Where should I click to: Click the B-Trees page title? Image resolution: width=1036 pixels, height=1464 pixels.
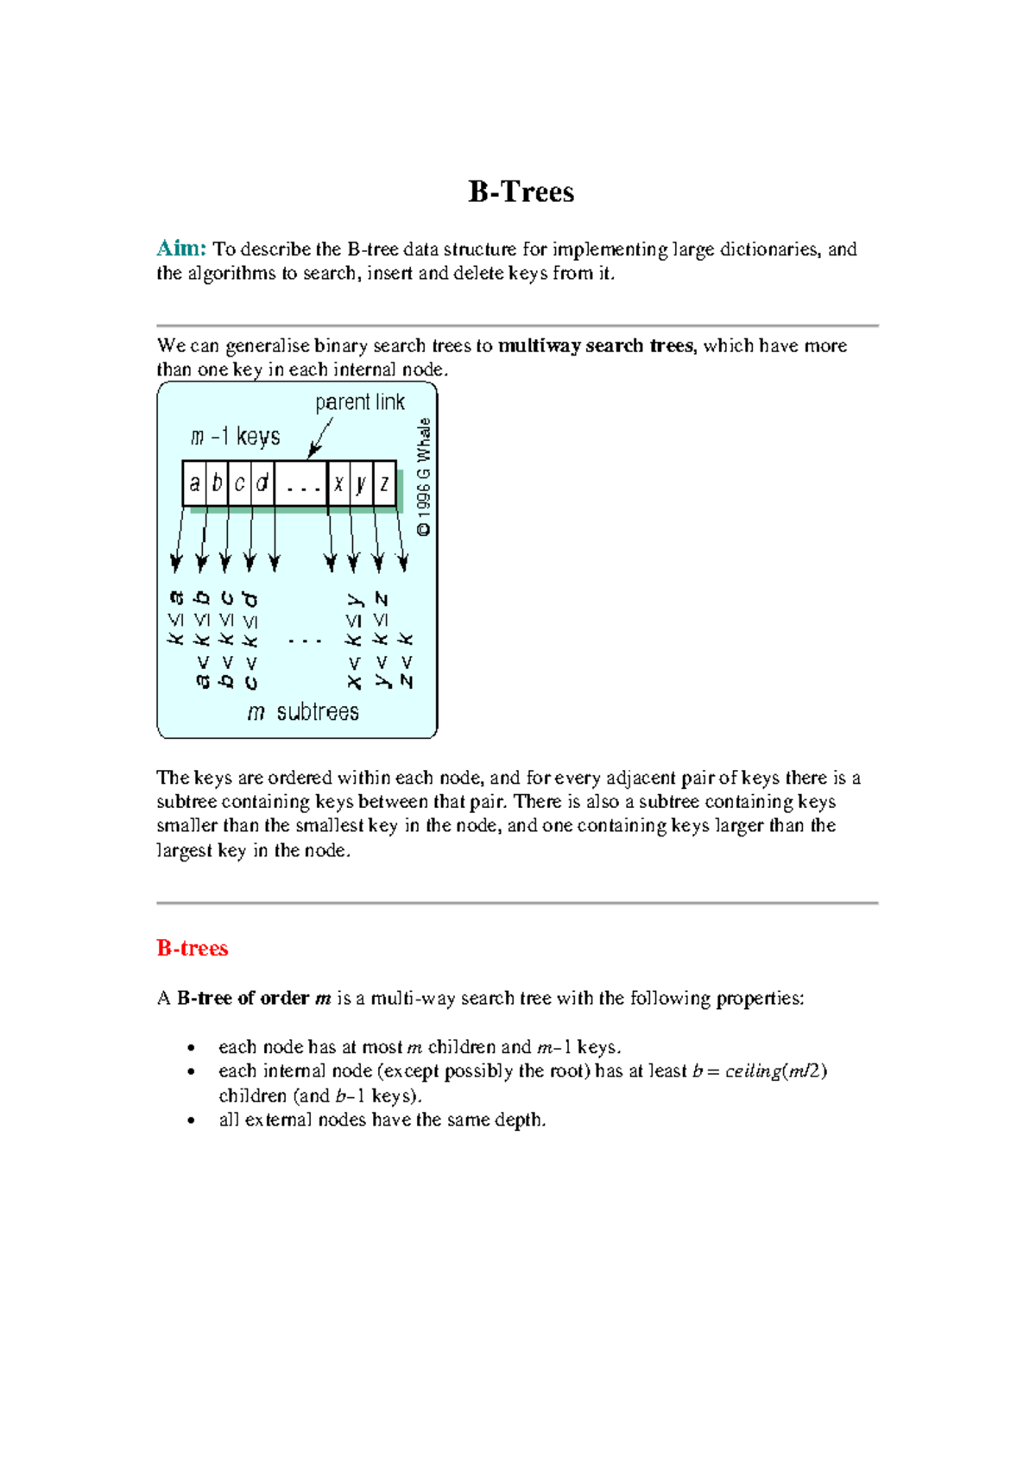[x=521, y=192]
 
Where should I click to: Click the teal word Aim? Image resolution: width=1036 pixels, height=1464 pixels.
[x=181, y=249]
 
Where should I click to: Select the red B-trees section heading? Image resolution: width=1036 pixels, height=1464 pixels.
[x=192, y=948]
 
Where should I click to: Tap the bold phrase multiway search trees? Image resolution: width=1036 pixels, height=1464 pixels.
[x=596, y=345]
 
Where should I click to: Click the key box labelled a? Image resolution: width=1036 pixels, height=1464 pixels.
[x=195, y=483]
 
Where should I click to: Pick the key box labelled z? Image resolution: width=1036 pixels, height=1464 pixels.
[x=385, y=483]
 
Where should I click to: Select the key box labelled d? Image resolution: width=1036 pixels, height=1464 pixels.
[x=262, y=483]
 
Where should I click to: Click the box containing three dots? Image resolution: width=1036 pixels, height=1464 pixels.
[x=302, y=483]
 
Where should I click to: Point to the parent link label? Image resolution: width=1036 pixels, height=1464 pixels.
[x=359, y=402]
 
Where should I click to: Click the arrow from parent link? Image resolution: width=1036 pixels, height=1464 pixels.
[x=320, y=438]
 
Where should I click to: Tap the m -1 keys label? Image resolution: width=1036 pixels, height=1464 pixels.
[x=235, y=437]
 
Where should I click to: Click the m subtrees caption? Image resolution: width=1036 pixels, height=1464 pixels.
[x=303, y=712]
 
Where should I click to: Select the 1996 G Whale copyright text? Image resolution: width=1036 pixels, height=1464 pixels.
[x=424, y=477]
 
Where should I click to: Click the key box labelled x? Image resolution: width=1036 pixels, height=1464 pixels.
[x=339, y=483]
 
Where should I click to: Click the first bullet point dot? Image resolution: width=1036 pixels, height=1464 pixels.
[x=191, y=1048]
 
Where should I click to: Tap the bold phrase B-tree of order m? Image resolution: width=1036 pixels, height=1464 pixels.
[x=254, y=998]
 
